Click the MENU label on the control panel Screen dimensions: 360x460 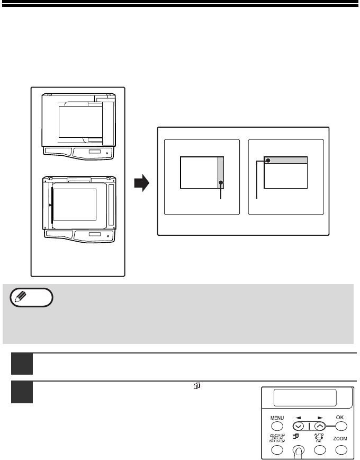click(277, 418)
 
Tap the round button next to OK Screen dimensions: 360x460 click(341, 426)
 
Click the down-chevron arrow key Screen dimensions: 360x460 click(299, 426)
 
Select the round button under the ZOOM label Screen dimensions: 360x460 click(341, 450)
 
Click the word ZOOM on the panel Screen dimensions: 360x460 click(340, 439)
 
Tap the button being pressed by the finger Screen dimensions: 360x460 click(299, 449)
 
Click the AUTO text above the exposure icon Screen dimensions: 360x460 click(319, 435)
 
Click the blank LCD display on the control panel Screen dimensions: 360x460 click(305, 398)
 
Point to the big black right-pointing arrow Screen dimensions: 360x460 click(142, 183)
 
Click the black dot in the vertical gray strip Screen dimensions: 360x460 click(221, 183)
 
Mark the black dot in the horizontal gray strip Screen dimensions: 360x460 click(268, 161)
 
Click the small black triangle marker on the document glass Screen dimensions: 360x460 click(50, 206)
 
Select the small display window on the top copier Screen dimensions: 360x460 click(95, 152)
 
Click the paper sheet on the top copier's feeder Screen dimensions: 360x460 click(80, 122)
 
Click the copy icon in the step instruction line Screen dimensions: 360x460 click(197, 386)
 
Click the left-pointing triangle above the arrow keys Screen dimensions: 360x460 click(298, 418)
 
